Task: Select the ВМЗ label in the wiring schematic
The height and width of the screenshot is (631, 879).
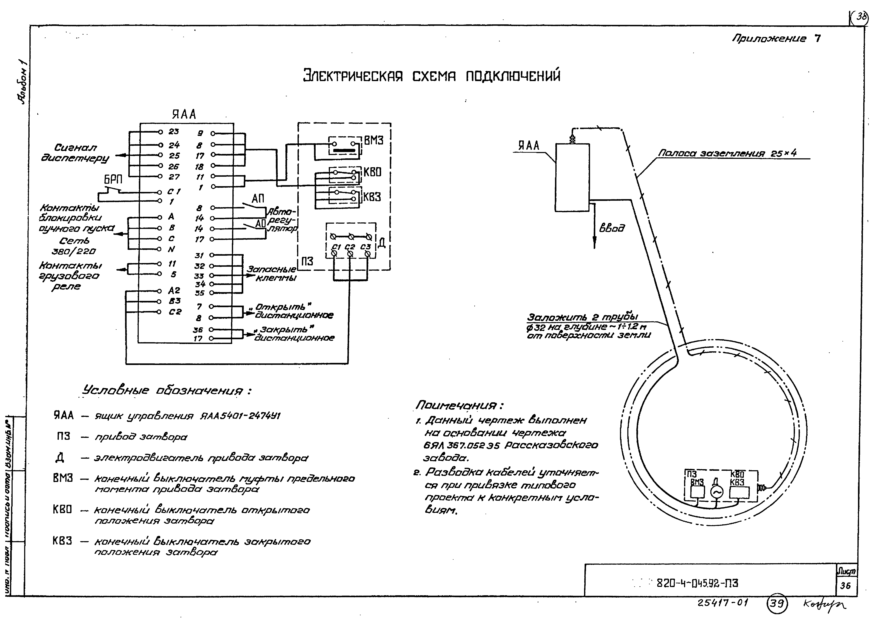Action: (374, 140)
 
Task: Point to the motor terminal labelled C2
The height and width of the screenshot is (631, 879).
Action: (350, 247)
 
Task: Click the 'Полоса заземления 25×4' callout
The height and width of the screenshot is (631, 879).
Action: (727, 153)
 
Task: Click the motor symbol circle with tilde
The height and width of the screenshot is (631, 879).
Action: (716, 492)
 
